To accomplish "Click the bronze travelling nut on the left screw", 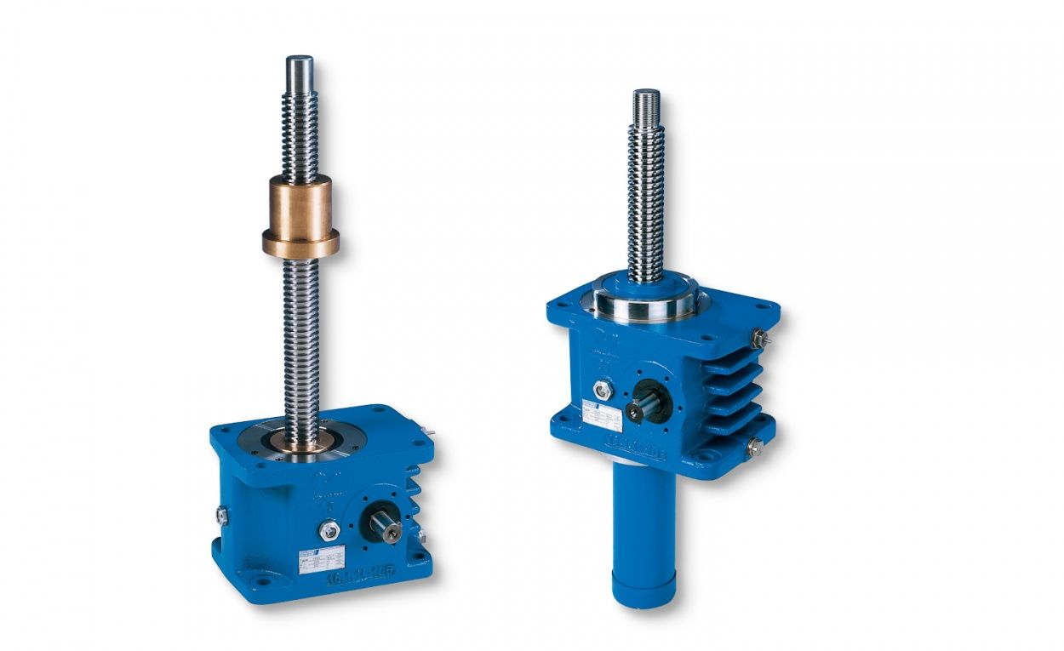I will [300, 216].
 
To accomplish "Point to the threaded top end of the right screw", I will [646, 106].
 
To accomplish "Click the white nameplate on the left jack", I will [321, 558].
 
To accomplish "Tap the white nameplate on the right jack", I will [605, 415].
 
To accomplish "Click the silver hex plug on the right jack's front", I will [604, 390].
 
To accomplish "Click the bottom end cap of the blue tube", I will [644, 589].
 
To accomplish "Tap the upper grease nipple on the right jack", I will [758, 339].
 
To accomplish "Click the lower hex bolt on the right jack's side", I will [753, 446].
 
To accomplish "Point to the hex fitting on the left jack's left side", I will [222, 514].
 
